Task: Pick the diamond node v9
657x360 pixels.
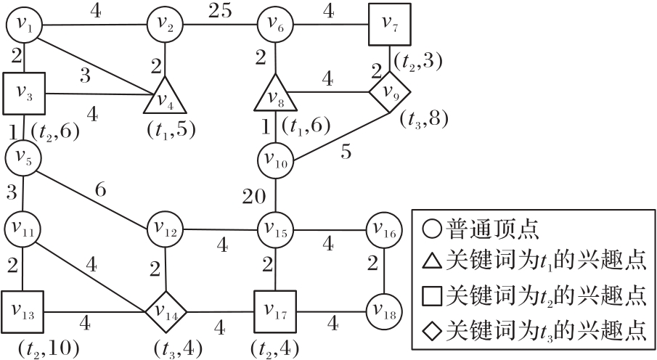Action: [x=391, y=91]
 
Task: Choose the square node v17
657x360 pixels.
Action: [x=276, y=313]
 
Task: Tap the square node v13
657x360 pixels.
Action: [x=23, y=313]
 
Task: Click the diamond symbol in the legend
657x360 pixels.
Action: [x=433, y=330]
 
